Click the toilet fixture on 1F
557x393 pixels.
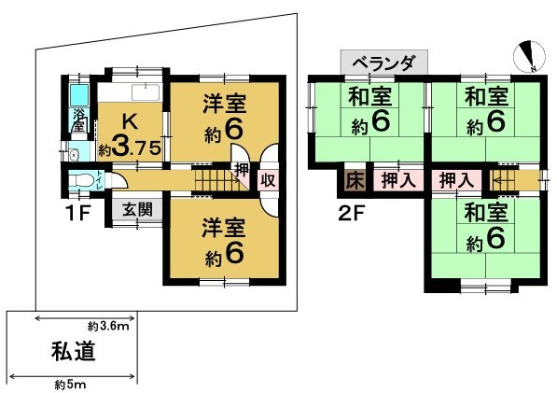84,178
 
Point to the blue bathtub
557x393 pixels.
78,95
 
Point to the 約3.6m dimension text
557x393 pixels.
107,326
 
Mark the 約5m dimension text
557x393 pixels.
71,384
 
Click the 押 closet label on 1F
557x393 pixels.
241,172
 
